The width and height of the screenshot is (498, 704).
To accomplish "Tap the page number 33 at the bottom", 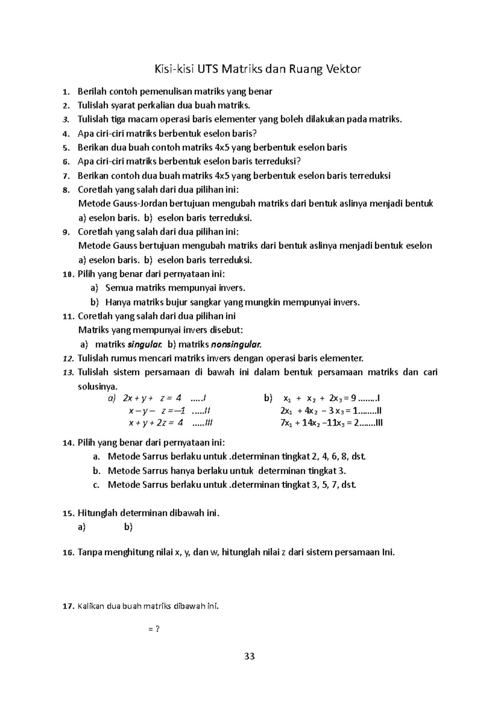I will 249,656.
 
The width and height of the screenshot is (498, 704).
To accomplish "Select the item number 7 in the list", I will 64,176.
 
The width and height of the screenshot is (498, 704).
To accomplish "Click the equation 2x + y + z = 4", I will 152,398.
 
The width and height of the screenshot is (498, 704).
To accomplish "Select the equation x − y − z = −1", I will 157,411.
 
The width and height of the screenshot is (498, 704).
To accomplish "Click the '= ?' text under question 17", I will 154,629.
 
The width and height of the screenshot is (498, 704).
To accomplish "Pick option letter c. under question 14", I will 96,485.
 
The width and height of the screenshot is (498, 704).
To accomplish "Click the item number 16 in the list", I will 68,553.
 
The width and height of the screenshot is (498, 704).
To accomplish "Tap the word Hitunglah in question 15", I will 98,513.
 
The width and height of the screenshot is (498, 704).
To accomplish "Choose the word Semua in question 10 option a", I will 119,288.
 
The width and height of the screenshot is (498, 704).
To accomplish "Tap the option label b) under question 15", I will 128,527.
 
